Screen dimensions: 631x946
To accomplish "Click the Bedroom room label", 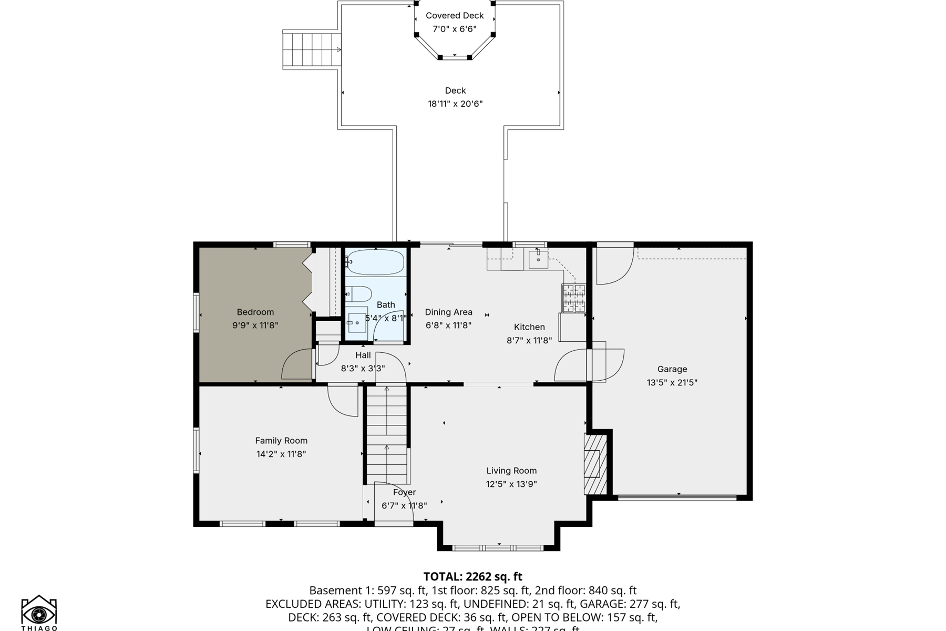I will click(255, 312).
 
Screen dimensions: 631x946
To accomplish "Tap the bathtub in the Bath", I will click(375, 262).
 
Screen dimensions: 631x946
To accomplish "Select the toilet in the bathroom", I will click(359, 293).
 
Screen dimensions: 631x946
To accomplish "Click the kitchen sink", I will click(538, 259).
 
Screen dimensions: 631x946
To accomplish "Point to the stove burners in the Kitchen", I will click(573, 298).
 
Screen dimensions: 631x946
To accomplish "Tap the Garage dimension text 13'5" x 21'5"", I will click(672, 383).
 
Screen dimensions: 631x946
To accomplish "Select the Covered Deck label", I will click(455, 16).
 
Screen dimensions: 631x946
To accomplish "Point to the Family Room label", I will click(281, 441).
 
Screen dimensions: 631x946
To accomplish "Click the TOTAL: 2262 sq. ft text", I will click(472, 576).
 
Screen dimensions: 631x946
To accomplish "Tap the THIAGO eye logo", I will click(39, 612).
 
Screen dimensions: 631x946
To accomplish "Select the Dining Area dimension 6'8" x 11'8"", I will click(448, 325).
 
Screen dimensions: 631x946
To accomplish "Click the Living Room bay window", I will click(498, 548).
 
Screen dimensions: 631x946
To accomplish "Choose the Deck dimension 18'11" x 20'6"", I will click(455, 104).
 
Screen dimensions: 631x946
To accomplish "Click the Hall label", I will click(363, 355).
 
